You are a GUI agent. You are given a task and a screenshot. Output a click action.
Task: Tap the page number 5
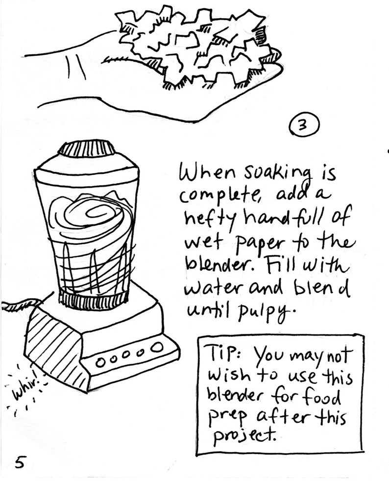coord(20,462)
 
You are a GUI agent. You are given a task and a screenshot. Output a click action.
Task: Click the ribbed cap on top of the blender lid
coord(87,148)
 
